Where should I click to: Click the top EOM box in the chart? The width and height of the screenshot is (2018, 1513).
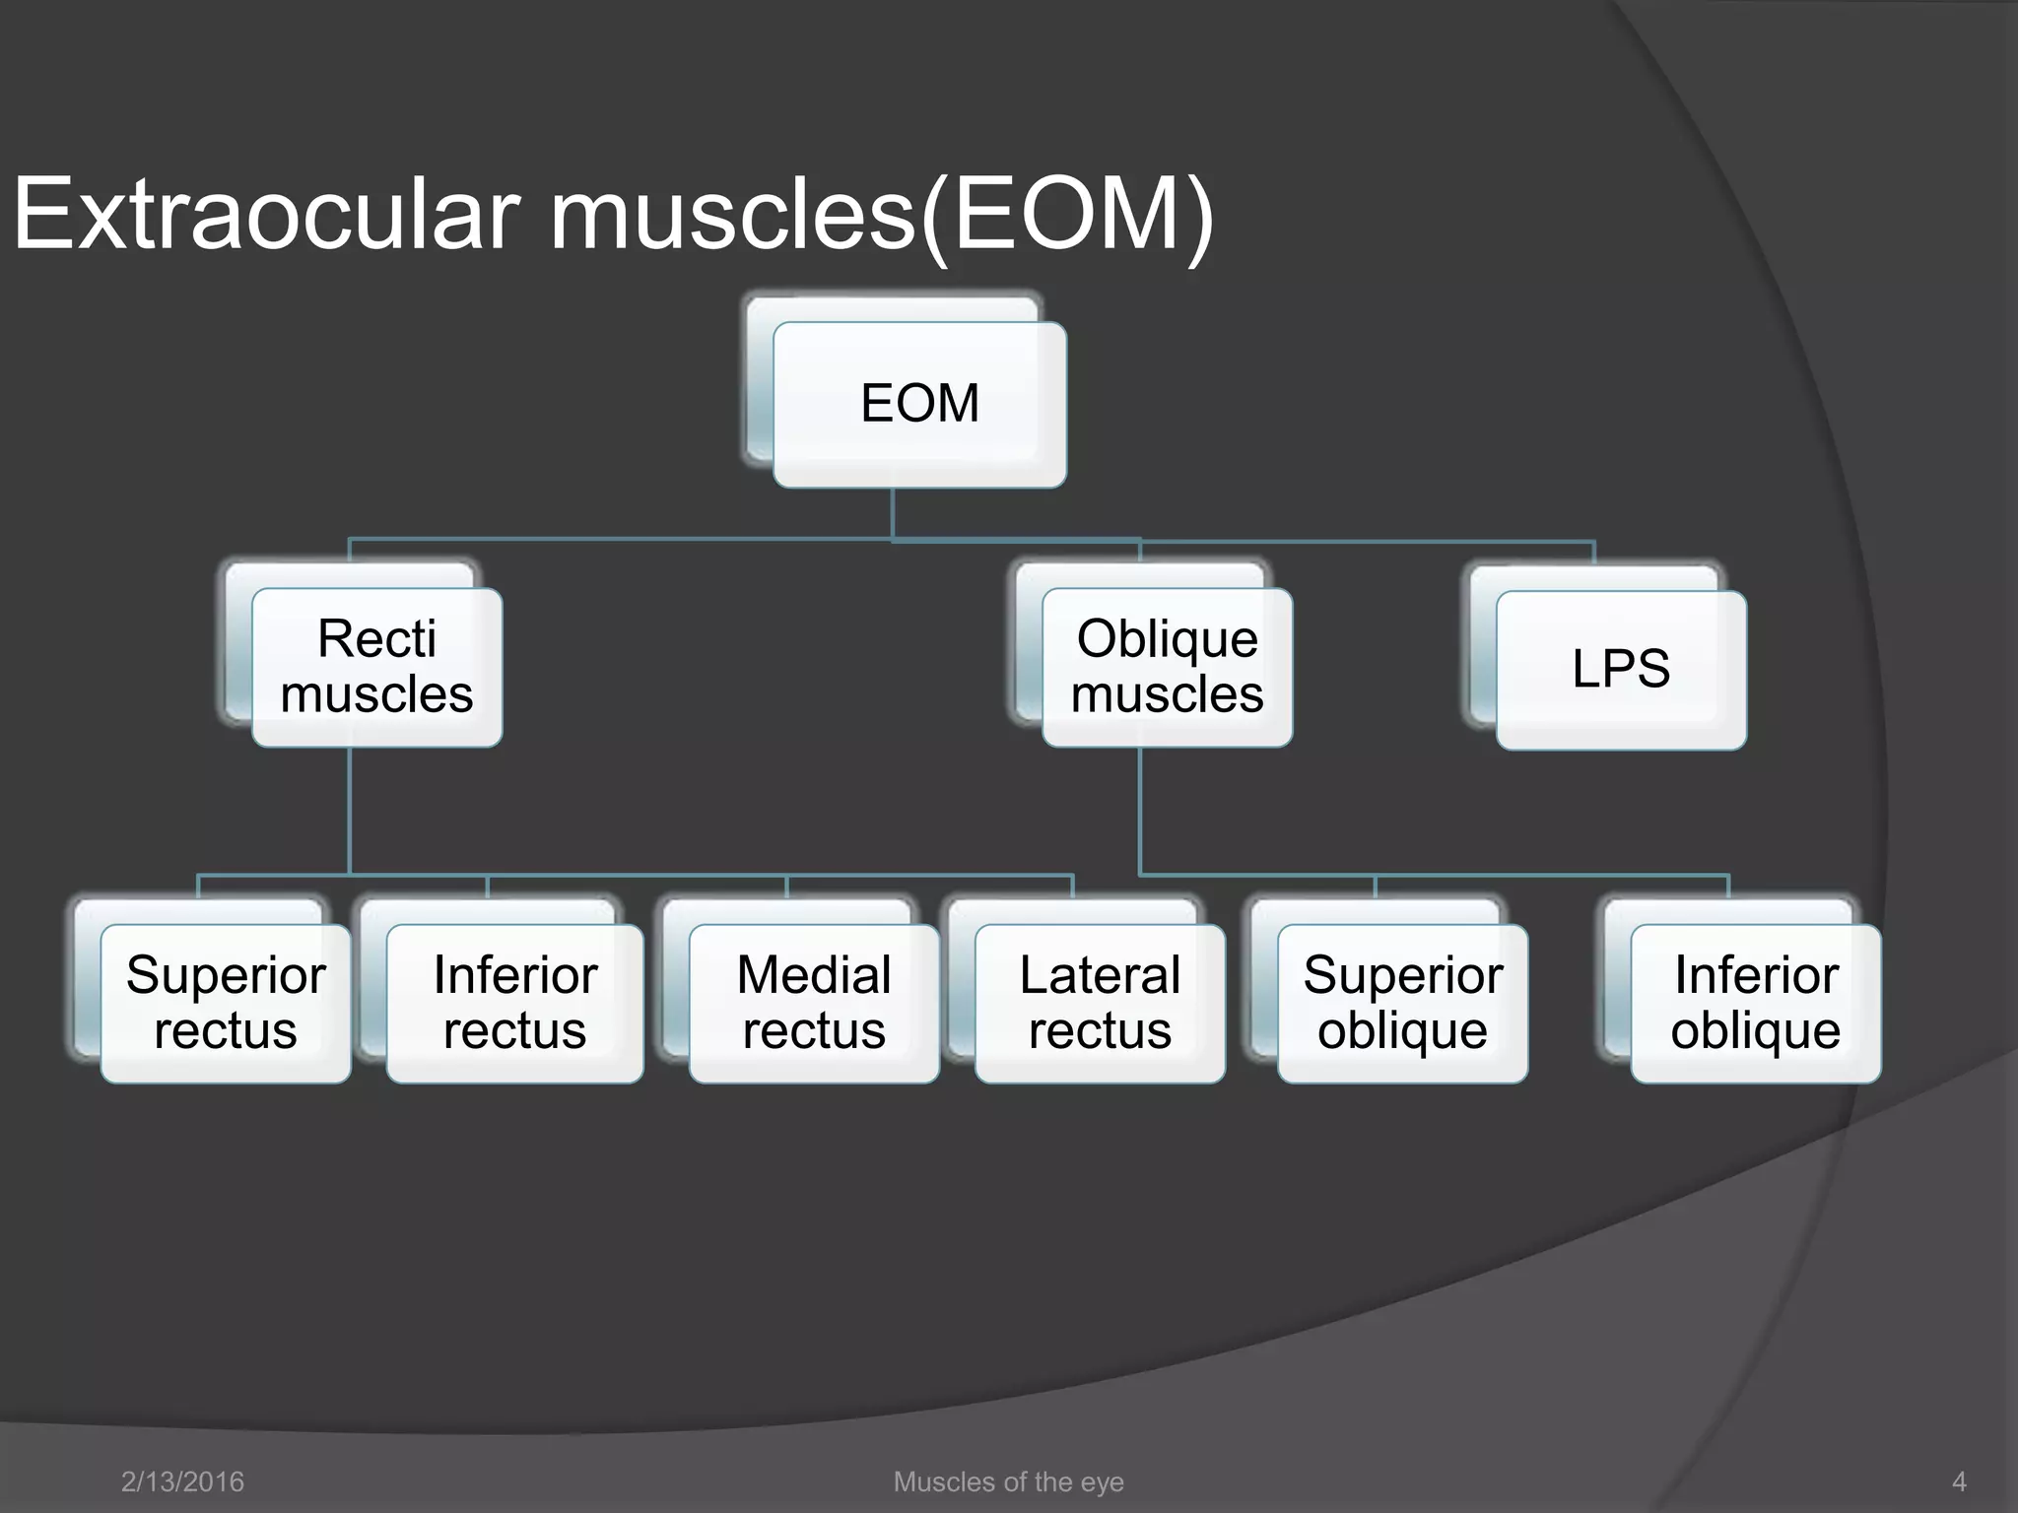tap(919, 404)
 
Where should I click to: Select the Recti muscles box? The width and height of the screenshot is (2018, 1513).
tap(376, 667)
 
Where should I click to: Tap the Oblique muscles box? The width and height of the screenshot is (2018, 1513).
tap(1167, 667)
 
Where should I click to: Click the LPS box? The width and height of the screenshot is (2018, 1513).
tap(1621, 670)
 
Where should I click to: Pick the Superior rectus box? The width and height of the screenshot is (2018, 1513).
tap(226, 1003)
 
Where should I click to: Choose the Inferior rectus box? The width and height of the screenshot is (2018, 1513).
tap(514, 1003)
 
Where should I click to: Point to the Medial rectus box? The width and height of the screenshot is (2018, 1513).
tap(814, 1003)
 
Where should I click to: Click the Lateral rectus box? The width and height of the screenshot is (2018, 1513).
tap(1100, 1003)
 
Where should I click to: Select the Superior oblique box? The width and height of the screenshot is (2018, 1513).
tap(1402, 1003)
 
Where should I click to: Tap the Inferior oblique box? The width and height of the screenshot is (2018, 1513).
tap(1755, 1003)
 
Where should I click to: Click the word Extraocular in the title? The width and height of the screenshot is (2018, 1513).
tap(266, 215)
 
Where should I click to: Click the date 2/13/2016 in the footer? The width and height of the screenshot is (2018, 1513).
tap(182, 1481)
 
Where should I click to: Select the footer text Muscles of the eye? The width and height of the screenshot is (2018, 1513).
tap(1008, 1481)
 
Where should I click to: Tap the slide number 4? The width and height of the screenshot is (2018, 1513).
tap(1959, 1481)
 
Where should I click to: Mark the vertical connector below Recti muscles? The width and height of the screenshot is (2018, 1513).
tap(350, 808)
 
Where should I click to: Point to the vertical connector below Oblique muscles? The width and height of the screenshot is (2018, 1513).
tap(1140, 808)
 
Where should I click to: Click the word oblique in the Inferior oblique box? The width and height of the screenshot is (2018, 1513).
tap(1755, 1031)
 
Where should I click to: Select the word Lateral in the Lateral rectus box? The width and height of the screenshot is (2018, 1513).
tap(1100, 975)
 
